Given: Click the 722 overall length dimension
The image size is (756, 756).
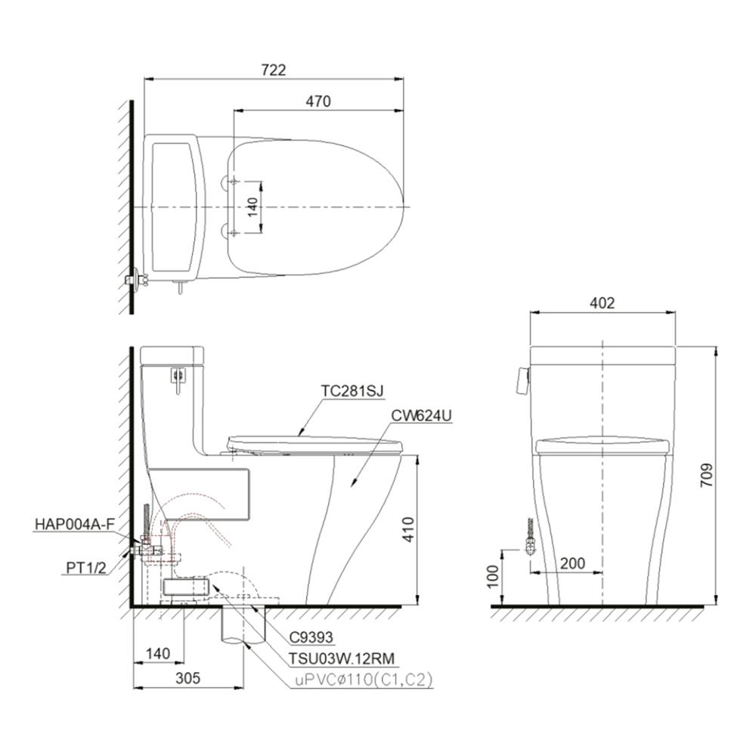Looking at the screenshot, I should click(273, 70).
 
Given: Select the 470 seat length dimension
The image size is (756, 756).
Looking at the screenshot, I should click(318, 101).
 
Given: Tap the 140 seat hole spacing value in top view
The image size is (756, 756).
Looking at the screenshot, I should click(254, 206).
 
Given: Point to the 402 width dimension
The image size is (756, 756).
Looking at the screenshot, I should click(602, 303).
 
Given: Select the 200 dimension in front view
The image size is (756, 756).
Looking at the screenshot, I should click(573, 563).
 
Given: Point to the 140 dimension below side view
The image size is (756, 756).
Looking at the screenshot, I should click(159, 652).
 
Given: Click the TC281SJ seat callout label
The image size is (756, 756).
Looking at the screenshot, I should click(352, 391).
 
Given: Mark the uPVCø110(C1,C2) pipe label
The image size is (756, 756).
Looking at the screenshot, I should click(364, 680).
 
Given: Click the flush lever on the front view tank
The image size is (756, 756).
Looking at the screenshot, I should click(521, 380).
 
